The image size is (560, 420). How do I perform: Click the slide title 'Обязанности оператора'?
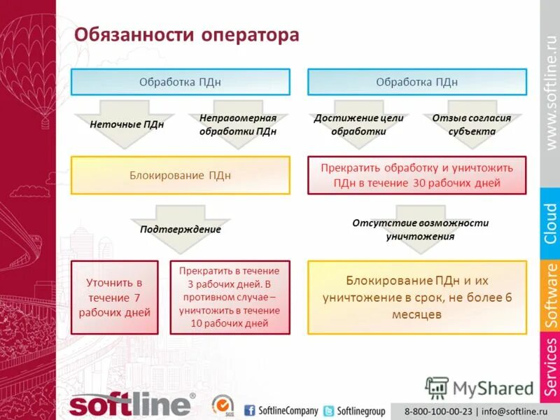point(187,34)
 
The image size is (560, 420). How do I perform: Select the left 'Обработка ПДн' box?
point(180,82)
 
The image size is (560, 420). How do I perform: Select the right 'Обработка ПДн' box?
point(417,82)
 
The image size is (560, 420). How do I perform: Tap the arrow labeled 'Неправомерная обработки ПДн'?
point(238,125)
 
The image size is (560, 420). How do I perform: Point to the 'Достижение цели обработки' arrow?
point(358,125)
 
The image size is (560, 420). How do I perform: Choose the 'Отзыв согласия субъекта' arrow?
point(471,125)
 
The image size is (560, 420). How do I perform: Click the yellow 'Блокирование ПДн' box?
point(180,175)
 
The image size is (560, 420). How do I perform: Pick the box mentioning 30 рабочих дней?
point(417,175)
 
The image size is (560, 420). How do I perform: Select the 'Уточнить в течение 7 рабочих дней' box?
point(114,297)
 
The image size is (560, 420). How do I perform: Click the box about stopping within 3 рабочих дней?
point(230,297)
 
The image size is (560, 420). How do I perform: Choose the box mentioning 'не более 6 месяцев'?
point(417,297)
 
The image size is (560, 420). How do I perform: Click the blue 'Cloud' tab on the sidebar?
point(550,223)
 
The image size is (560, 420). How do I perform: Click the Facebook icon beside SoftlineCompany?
point(250,411)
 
